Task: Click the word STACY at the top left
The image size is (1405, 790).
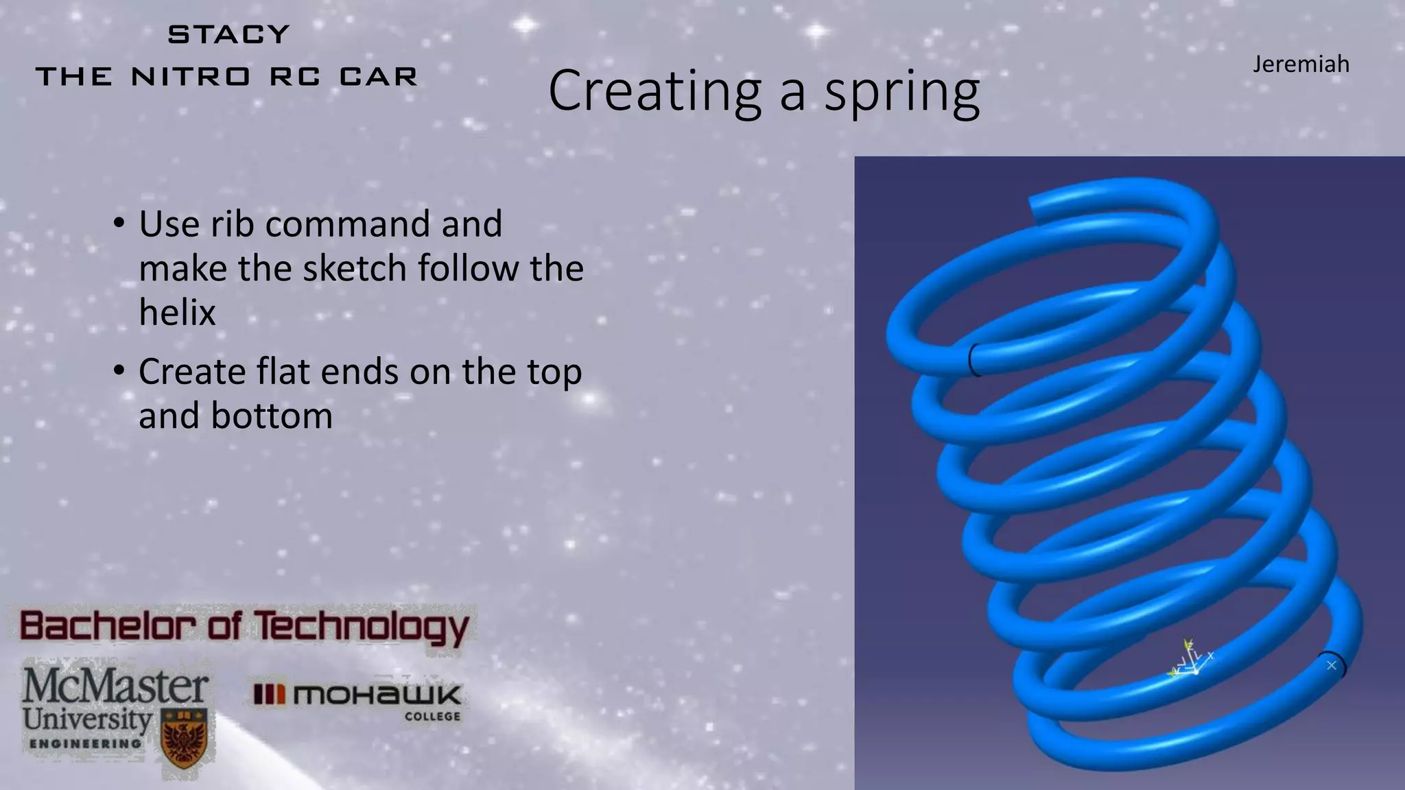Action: click(228, 34)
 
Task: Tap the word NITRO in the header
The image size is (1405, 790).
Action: click(191, 77)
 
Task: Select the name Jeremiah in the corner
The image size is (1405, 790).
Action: click(1301, 64)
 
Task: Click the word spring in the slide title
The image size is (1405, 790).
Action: click(901, 92)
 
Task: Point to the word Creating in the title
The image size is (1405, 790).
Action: click(654, 92)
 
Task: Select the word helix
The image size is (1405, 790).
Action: click(177, 313)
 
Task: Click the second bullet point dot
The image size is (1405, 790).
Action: click(119, 371)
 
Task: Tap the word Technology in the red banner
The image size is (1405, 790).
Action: click(362, 627)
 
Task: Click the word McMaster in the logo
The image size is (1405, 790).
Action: click(115, 686)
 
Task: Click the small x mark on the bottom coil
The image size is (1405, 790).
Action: click(1332, 665)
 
